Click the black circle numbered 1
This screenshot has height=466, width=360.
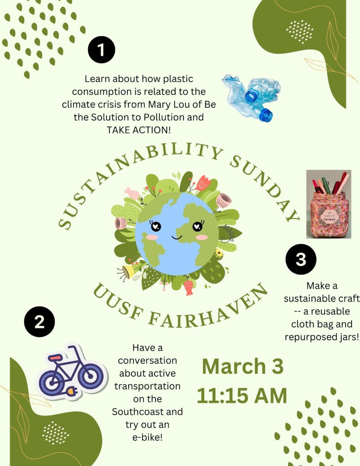pos(101,50)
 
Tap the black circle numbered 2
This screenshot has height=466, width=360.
pos(39,322)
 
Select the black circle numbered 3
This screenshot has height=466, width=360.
pos(301,259)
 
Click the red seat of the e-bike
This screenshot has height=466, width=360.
pos(56,357)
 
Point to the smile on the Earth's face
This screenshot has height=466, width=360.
pos(177,238)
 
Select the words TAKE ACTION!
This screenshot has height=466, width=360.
pos(139,130)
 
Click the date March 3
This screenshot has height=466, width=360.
pos(243,366)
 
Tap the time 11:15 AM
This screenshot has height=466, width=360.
pos(242,396)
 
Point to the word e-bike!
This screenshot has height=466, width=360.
pos(147,437)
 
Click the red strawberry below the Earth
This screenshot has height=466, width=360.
pos(189,287)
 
